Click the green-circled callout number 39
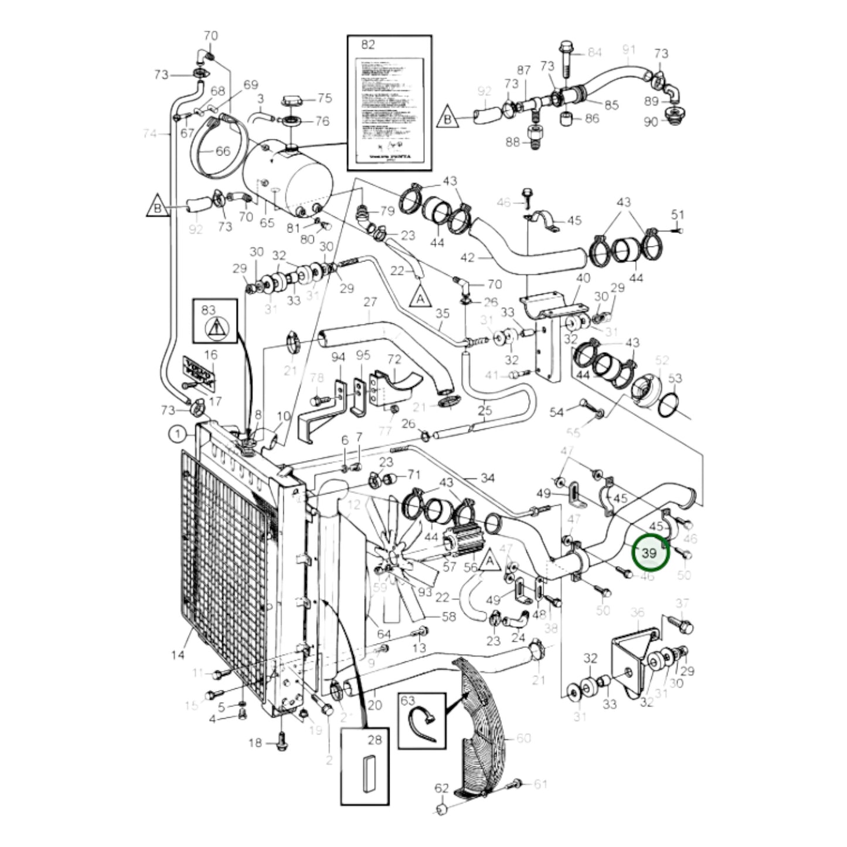pos(649,553)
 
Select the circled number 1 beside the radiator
pos(176,434)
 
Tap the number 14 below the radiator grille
pos(178,655)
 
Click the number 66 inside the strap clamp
pos(222,151)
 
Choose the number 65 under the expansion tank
pos(267,223)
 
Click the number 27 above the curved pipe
pos(370,302)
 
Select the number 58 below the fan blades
pos(448,617)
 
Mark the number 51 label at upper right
pos(678,215)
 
